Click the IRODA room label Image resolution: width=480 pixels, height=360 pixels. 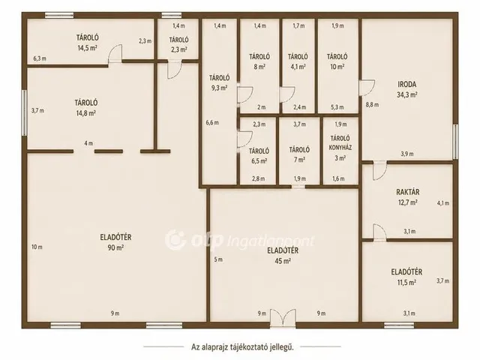pyautogui.click(x=406, y=84)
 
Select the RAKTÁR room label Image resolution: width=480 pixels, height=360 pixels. pyautogui.click(x=408, y=192)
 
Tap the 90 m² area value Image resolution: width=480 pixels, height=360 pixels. pyautogui.click(x=115, y=247)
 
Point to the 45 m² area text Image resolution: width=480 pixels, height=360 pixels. pyautogui.click(x=283, y=261)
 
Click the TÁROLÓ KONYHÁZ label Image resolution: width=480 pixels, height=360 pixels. pyautogui.click(x=340, y=143)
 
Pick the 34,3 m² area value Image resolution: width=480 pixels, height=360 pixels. pyautogui.click(x=407, y=94)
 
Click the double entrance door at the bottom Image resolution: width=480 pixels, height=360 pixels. pyautogui.click(x=283, y=318)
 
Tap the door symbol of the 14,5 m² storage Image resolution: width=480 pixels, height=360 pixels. pyautogui.click(x=115, y=53)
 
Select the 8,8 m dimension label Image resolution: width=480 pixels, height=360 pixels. pyautogui.click(x=372, y=105)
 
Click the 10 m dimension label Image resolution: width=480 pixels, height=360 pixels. pyautogui.click(x=37, y=247)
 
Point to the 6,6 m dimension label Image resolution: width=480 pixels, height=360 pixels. pyautogui.click(x=212, y=123)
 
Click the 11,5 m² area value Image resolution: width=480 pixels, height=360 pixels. pyautogui.click(x=406, y=282)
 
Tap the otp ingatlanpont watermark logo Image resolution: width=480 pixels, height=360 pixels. pyautogui.click(x=240, y=240)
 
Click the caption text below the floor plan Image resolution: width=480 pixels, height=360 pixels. pyautogui.click(x=242, y=347)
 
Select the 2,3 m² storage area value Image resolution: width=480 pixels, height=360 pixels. pyautogui.click(x=178, y=49)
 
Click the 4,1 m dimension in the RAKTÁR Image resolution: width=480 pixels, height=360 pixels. pyautogui.click(x=443, y=203)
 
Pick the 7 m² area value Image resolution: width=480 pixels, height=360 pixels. pyautogui.click(x=299, y=160)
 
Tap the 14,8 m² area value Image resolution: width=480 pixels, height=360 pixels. pyautogui.click(x=86, y=113)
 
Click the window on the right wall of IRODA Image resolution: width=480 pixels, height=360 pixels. pyautogui.click(x=455, y=142)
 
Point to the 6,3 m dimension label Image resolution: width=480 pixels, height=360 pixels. pyautogui.click(x=40, y=58)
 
